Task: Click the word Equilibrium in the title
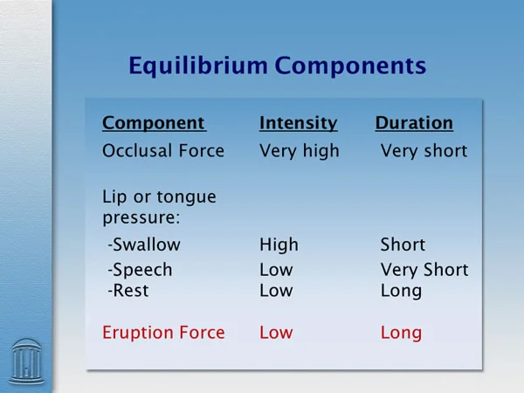[x=198, y=66]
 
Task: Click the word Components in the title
[x=350, y=65]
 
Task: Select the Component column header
[x=154, y=124]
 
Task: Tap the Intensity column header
[x=299, y=123]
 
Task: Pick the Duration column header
[x=414, y=122]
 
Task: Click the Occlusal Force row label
[x=163, y=151]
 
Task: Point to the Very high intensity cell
[x=300, y=151]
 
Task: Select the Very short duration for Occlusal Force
[x=424, y=151]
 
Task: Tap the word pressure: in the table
[x=141, y=218]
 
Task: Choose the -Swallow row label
[x=144, y=245]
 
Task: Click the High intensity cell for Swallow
[x=279, y=245]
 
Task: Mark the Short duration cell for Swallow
[x=403, y=245]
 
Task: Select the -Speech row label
[x=140, y=270]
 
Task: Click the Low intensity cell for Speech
[x=276, y=270]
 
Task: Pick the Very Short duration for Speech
[x=424, y=270]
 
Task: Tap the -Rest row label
[x=128, y=291]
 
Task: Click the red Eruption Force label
[x=163, y=333]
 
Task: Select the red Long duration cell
[x=401, y=334]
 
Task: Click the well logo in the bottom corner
[x=26, y=362]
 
